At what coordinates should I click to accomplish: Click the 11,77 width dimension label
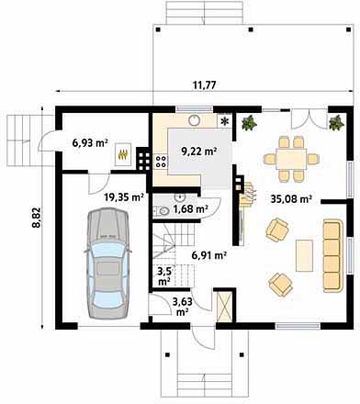[204, 84]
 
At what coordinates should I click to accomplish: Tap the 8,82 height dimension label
[36, 218]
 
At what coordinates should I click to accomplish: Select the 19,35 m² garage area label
[124, 197]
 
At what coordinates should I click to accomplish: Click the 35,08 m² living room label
[291, 199]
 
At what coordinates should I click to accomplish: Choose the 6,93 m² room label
[90, 142]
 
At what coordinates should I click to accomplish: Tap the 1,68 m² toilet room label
[191, 209]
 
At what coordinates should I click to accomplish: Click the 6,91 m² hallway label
[209, 255]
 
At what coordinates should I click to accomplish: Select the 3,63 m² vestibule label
[183, 307]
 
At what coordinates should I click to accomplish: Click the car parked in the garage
[107, 264]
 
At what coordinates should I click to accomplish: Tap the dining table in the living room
[291, 159]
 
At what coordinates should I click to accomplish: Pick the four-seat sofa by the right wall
[332, 255]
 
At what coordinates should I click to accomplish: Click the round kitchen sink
[195, 120]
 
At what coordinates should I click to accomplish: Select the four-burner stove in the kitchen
[162, 162]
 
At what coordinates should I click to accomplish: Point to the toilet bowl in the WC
[164, 211]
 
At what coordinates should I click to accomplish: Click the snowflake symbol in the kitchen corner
[225, 121]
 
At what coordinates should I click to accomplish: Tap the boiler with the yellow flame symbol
[123, 154]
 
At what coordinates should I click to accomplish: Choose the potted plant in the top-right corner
[336, 122]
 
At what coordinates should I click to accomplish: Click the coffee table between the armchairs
[304, 255]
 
